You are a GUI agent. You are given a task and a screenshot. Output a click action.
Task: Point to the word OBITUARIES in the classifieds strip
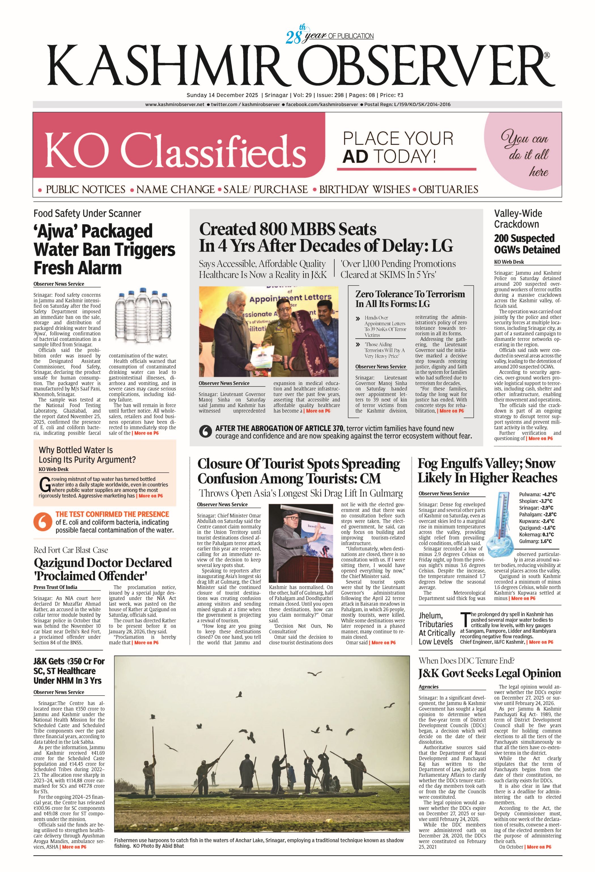tap(449, 189)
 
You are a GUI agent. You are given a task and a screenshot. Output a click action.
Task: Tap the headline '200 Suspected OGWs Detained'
tap(527, 244)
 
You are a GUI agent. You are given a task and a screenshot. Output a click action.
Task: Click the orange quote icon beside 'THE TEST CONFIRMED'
tap(42, 522)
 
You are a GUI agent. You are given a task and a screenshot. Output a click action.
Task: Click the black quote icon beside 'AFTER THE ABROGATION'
tap(205, 432)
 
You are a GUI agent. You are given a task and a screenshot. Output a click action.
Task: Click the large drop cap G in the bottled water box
tap(44, 485)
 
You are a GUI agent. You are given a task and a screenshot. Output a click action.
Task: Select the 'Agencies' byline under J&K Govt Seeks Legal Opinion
tap(428, 687)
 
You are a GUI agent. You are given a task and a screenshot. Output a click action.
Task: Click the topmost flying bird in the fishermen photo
tap(314, 674)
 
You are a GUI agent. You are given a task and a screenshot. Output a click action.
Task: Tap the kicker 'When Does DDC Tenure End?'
tap(466, 661)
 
